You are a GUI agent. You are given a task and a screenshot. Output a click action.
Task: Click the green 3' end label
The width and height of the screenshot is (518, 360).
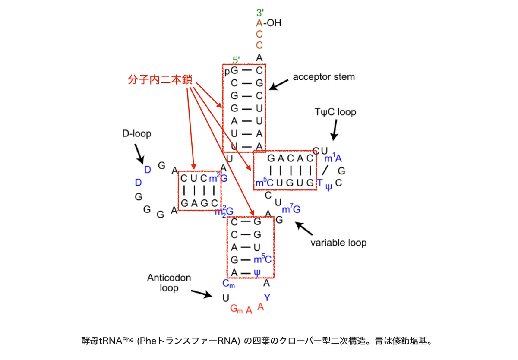coord(260,13)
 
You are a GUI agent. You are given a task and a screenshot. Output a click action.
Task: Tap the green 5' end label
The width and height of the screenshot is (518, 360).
coord(236,60)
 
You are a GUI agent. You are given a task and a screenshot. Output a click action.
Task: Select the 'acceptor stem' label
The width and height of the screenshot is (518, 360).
coord(324,77)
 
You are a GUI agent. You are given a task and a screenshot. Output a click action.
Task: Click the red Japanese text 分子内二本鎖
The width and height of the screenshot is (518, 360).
coord(160,79)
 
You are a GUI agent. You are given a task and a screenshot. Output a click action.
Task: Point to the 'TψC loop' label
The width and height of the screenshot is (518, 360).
coord(335,112)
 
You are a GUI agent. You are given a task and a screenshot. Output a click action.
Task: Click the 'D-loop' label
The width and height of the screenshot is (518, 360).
coord(137,133)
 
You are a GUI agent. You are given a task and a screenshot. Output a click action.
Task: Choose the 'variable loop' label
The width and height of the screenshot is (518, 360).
coord(338,243)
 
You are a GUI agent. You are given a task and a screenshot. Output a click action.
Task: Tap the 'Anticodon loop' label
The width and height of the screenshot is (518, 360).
coord(169,283)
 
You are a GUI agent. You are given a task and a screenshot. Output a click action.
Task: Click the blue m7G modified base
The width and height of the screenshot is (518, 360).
coord(291,208)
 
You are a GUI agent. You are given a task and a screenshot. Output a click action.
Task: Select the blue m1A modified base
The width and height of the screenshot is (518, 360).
coord(333,158)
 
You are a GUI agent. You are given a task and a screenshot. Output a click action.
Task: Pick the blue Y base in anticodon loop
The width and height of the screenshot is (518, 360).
coord(267,297)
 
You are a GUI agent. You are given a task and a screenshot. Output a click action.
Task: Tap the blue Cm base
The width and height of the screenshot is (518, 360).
coord(228,284)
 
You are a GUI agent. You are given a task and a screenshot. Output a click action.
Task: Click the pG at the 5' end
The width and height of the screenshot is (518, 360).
coord(231,71)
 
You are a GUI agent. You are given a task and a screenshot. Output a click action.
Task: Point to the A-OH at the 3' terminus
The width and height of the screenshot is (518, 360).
coord(268,23)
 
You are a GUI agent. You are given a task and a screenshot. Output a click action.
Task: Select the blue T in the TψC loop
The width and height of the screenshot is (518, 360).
coord(320,183)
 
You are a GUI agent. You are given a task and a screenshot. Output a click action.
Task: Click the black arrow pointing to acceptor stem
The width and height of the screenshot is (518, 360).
coord(278,85)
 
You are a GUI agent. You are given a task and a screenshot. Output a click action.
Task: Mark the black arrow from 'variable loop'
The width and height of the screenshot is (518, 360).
coord(303,228)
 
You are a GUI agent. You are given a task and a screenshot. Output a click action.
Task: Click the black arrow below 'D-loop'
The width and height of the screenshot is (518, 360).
coord(139,154)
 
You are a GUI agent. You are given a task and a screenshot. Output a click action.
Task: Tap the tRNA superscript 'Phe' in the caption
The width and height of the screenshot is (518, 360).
coord(128,340)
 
